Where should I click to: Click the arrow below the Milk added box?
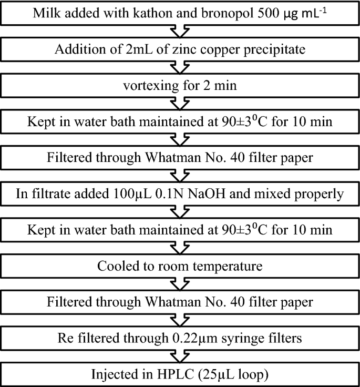(180, 31)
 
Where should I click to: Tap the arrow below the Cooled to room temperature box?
(180, 284)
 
